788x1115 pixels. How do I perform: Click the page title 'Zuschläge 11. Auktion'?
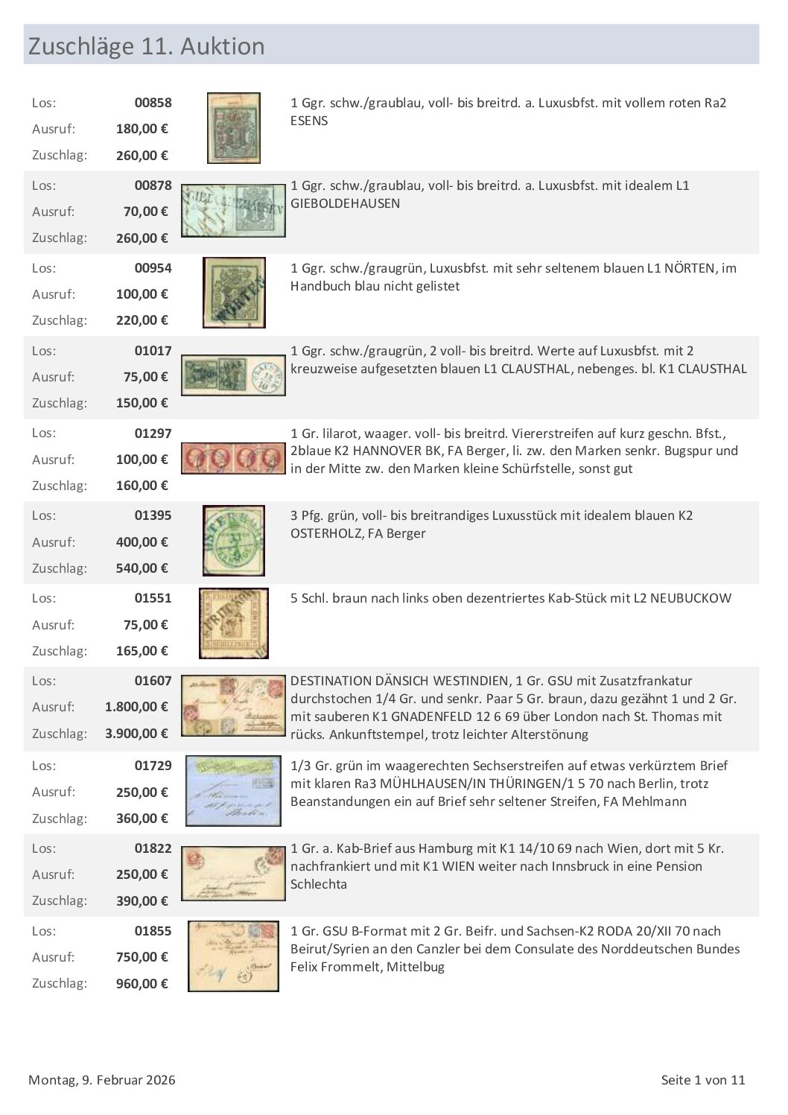point(146,46)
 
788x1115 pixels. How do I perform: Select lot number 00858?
point(153,103)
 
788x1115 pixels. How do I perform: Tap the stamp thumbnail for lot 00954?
point(234,293)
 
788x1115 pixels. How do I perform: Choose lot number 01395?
point(153,515)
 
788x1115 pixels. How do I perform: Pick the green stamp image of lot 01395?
point(234,540)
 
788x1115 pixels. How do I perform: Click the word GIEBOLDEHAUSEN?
point(345,203)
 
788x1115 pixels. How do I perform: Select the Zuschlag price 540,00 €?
point(142,568)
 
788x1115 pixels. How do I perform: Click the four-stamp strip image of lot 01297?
point(233,458)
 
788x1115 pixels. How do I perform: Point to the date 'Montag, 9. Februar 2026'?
point(102,1080)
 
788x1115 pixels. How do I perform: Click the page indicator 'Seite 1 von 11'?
point(702,1080)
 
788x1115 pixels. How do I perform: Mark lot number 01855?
point(153,931)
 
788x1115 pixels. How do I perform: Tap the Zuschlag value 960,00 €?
point(142,984)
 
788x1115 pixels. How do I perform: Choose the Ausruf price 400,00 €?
point(142,542)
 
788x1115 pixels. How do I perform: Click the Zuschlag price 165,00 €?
point(142,651)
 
